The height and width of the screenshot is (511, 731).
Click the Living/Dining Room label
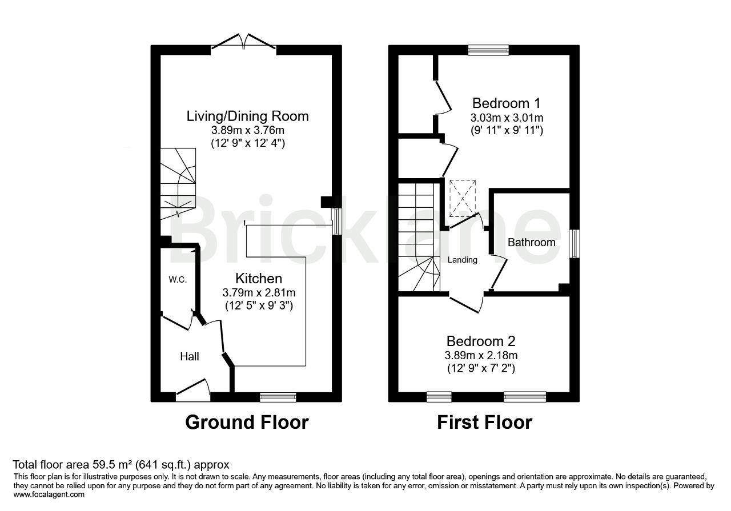coord(248,116)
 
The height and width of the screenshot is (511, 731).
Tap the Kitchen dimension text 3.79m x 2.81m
coord(259,292)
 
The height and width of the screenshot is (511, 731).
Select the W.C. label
coord(178,279)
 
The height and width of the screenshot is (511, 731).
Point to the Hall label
coord(190,356)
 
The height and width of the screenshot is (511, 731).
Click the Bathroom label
coord(532,243)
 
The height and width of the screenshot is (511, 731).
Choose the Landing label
coord(463,260)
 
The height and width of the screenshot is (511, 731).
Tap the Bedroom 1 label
coord(507,103)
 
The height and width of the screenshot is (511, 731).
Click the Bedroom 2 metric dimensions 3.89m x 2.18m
coord(481,355)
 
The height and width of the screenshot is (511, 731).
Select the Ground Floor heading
coord(247,423)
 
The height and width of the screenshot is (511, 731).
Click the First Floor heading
coord(485,423)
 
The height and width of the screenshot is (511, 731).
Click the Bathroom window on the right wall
coord(575,244)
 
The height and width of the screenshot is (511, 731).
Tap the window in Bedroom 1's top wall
coord(488,50)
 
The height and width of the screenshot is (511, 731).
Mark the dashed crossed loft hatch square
coord(463,198)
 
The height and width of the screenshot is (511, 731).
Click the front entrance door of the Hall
coord(193,391)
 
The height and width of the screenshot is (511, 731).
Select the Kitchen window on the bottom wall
coord(278,397)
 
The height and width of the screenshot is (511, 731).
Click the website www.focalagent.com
coord(49,494)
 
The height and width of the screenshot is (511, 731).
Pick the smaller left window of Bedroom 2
coord(439,397)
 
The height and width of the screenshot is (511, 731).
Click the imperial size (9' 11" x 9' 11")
coord(507,131)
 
